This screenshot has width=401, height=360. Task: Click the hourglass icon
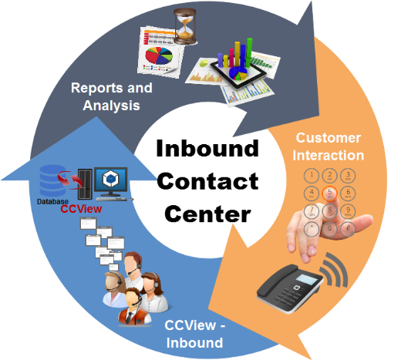[x=184, y=26]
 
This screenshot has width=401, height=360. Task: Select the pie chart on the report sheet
[x=159, y=56]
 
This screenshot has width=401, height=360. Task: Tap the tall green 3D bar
[x=249, y=52]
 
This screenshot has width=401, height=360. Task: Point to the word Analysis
[x=111, y=106]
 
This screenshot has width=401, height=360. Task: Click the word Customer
[x=329, y=138]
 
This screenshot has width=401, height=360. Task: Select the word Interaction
[x=329, y=155]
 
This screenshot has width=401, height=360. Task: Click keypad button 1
[x=312, y=176]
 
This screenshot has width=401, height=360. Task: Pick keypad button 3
[x=348, y=176]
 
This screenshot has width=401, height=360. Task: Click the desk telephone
[x=290, y=288]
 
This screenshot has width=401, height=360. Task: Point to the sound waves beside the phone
[x=335, y=271]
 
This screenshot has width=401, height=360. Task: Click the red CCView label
[x=81, y=209]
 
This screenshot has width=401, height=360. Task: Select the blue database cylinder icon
[x=52, y=181]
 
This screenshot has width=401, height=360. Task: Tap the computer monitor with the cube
[x=111, y=183]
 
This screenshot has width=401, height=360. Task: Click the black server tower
[x=85, y=184]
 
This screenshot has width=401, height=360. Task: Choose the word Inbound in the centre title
[x=207, y=148]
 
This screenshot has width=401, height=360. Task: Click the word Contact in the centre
[x=207, y=181]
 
